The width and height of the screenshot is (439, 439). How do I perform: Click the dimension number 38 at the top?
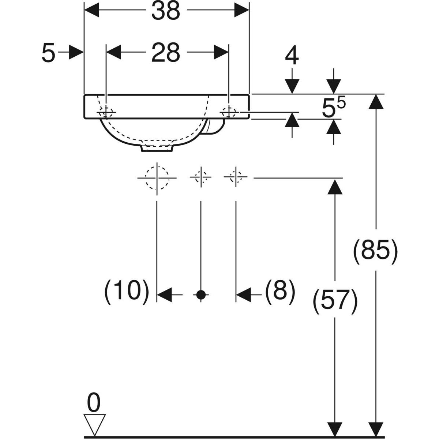coord(166,11)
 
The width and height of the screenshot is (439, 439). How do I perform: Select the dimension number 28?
coord(166,52)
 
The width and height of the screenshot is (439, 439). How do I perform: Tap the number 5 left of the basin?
coord(48,53)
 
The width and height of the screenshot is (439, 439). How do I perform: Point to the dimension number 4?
coord(292,56)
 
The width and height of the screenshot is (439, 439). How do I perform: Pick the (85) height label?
coord(375,252)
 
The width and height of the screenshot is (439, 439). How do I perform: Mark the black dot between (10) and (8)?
coord(200,294)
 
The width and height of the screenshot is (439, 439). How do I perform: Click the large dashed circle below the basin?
coord(157,178)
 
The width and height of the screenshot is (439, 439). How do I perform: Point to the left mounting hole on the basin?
coord(106,112)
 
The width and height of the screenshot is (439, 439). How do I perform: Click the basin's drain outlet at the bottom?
coord(157,148)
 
